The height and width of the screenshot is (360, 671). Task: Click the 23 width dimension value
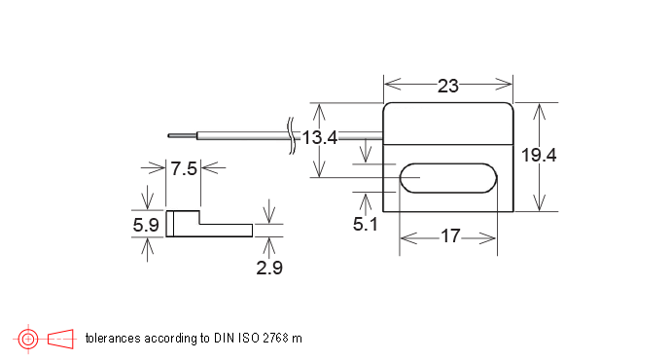point(448,86)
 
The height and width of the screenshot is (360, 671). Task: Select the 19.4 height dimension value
point(539,155)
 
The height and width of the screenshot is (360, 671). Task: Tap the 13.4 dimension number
point(320,137)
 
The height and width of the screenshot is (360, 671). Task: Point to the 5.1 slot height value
point(365,224)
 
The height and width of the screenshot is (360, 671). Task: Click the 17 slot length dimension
point(450,235)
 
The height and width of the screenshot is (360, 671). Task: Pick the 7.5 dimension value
point(184,168)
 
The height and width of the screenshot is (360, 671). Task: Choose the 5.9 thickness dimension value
point(146,225)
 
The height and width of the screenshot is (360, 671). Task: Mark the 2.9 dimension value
point(269,268)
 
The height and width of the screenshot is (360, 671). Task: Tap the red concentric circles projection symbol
point(28,339)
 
